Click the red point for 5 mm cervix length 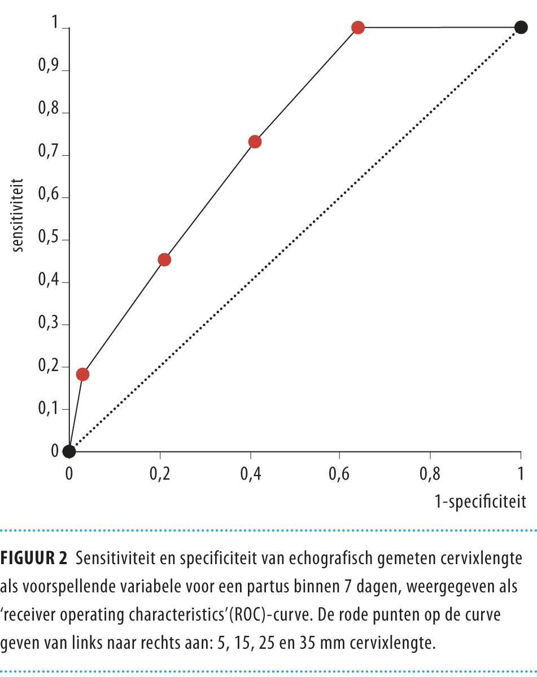pos(82,374)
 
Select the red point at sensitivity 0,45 pos(164,260)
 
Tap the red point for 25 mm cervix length pos(255,142)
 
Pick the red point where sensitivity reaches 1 pos(357,27)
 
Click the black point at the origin pos(69,451)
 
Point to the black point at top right pos(521,27)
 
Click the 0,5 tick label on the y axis pos(49,240)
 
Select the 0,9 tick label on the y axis pos(49,71)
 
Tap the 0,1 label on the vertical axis pos(49,409)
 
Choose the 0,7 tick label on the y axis pos(49,155)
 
